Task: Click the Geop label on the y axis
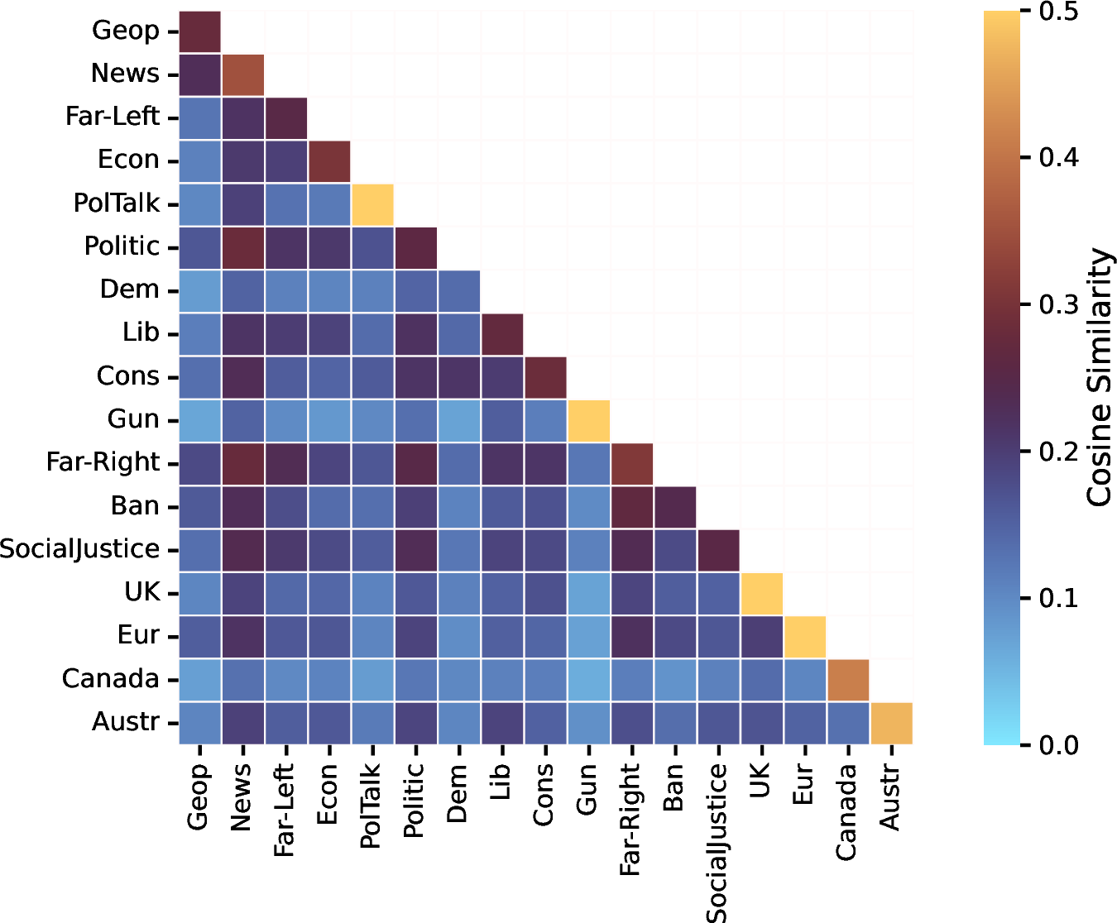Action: pyautogui.click(x=125, y=31)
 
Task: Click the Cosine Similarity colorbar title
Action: pyautogui.click(x=1099, y=377)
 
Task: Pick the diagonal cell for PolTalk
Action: pyautogui.click(x=372, y=205)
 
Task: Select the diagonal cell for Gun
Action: pyautogui.click(x=588, y=421)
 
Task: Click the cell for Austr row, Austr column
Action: pyautogui.click(x=891, y=723)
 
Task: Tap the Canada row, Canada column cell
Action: pyautogui.click(x=848, y=680)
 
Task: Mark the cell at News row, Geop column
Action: pyautogui.click(x=200, y=75)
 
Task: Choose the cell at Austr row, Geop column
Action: pyautogui.click(x=200, y=723)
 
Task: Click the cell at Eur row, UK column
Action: pyautogui.click(x=761, y=637)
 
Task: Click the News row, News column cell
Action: pyautogui.click(x=243, y=75)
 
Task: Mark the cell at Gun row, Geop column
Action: pyautogui.click(x=200, y=421)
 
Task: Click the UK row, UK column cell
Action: pyautogui.click(x=761, y=593)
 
